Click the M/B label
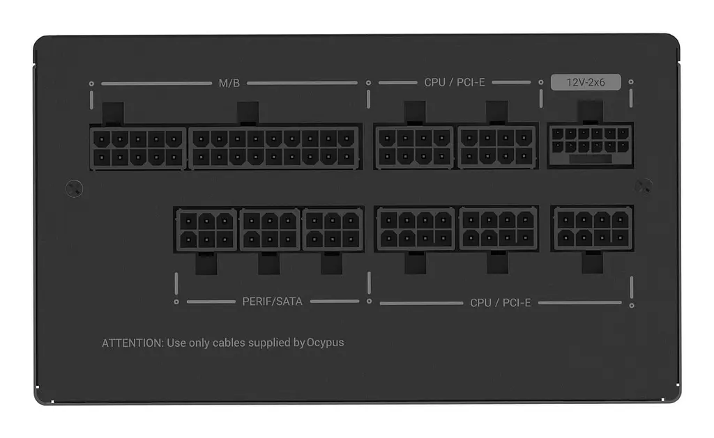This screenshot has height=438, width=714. click(229, 84)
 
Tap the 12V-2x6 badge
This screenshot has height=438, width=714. click(586, 82)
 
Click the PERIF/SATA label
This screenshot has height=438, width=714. click(273, 302)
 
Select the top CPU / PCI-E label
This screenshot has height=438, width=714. click(455, 82)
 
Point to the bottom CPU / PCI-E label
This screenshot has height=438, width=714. click(501, 302)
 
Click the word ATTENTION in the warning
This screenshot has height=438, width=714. click(132, 343)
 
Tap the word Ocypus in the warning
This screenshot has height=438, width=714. click(325, 343)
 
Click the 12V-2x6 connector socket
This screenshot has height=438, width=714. click(590, 146)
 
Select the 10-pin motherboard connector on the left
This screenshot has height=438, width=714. click(138, 148)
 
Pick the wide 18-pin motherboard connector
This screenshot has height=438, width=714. click(274, 148)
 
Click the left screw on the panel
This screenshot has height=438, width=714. click(74, 188)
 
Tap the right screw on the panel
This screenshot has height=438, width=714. click(644, 187)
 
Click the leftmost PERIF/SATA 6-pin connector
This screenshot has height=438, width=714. click(206, 230)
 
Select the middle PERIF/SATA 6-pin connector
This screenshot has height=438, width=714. click(270, 230)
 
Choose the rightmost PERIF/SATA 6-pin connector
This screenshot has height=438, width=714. click(333, 230)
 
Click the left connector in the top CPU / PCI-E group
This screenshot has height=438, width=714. click(414, 147)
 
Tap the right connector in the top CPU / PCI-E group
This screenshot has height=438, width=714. click(496, 147)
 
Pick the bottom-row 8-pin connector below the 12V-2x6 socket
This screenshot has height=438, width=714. click(593, 229)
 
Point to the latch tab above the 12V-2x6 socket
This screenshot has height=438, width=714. click(591, 111)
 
